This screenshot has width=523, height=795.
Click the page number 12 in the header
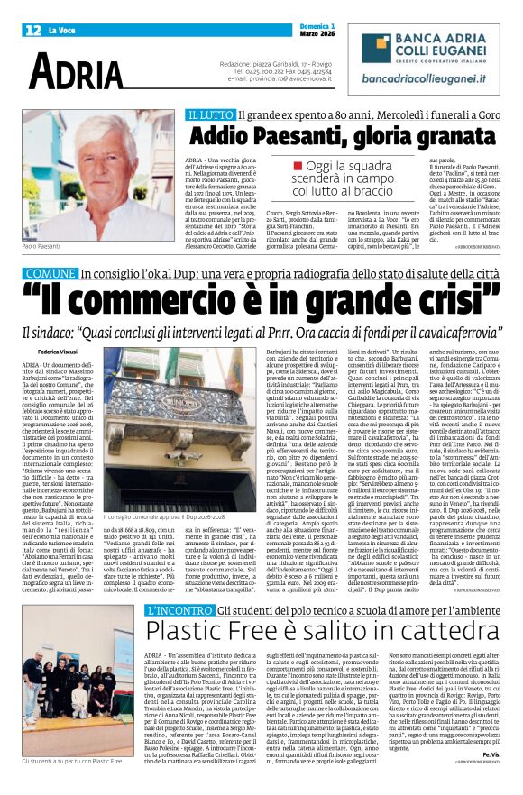(x=32, y=31)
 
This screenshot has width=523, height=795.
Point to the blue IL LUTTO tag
(x=210, y=116)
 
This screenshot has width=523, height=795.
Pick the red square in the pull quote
(x=322, y=167)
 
